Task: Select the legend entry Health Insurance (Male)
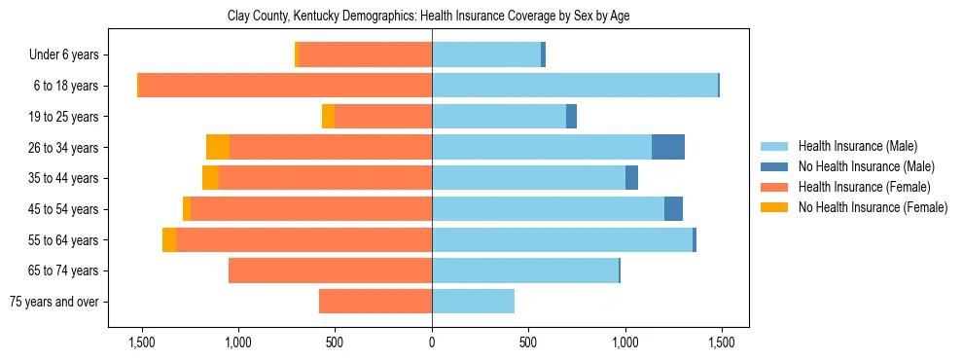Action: coord(857,146)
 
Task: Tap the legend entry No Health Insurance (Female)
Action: coord(872,207)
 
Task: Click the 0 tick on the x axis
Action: coord(432,342)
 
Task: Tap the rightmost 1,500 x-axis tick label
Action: coord(721,342)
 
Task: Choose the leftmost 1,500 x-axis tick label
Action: coord(142,342)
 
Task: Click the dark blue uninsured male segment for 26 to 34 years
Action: coord(668,147)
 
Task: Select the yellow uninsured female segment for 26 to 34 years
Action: coord(218,147)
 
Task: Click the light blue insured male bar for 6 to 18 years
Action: coord(574,86)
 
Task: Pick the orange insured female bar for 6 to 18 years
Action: coord(285,86)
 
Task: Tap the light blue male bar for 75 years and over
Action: coord(473,302)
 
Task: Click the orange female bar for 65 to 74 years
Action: coord(331,270)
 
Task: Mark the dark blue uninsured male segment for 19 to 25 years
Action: coord(572,117)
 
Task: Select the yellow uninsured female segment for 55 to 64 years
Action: coord(169,239)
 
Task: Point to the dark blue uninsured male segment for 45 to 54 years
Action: coord(673,209)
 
